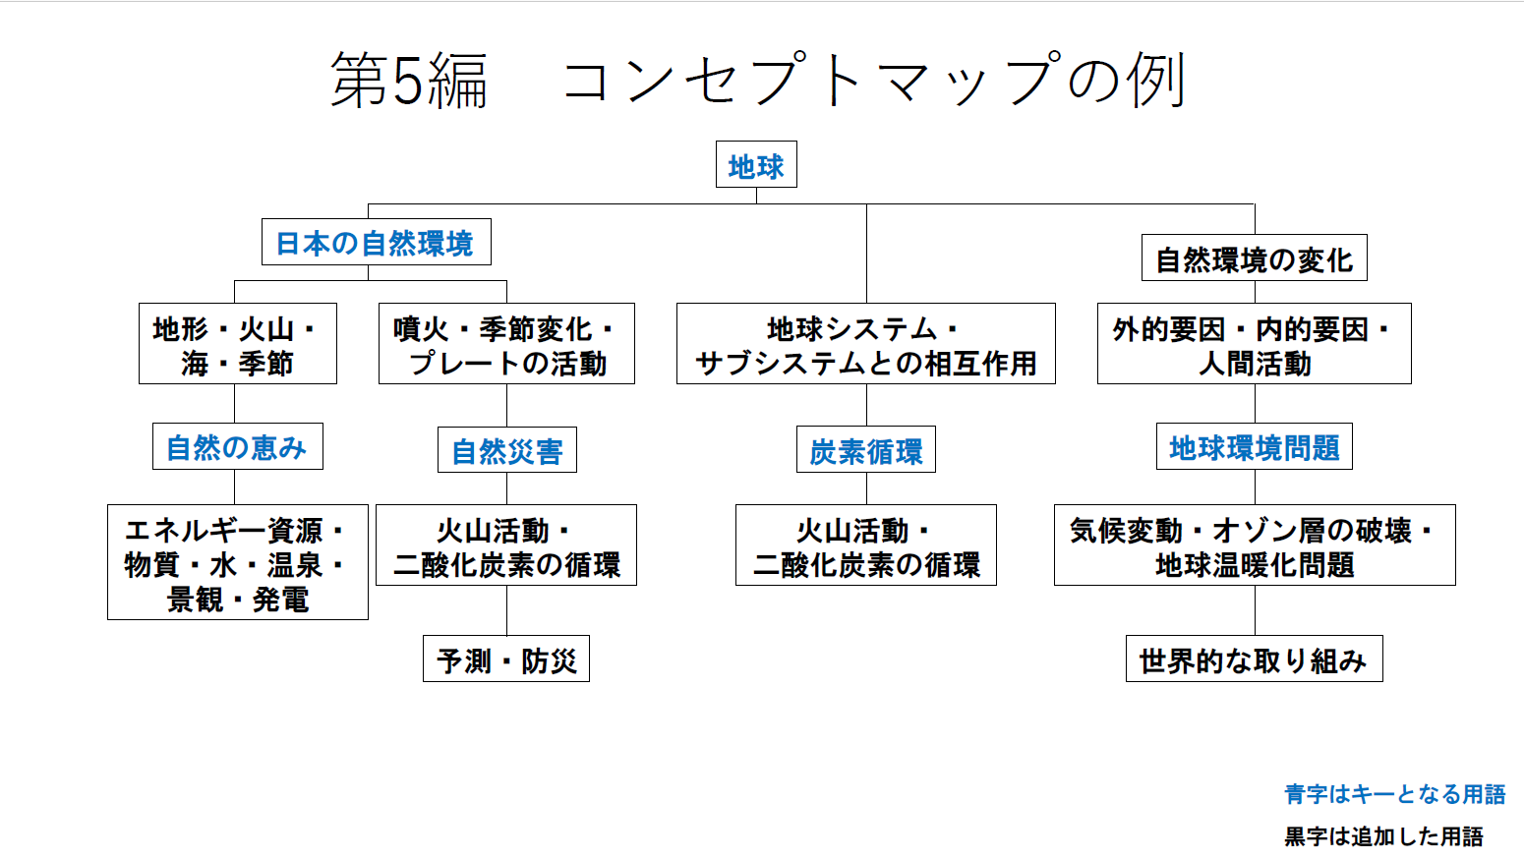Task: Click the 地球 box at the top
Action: (x=756, y=165)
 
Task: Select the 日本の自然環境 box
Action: (x=376, y=243)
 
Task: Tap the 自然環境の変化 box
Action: (x=1254, y=258)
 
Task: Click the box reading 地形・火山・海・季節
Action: (x=237, y=344)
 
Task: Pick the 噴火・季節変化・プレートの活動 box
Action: (x=506, y=344)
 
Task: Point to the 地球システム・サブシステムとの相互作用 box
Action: (x=865, y=344)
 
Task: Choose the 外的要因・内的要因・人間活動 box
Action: (x=1254, y=344)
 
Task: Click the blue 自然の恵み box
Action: (x=237, y=447)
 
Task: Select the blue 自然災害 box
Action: (x=506, y=450)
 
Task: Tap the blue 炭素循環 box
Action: (x=865, y=450)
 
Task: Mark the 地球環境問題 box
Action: (x=1254, y=447)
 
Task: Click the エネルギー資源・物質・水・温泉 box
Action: (x=237, y=562)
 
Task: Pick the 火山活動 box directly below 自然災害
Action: (x=506, y=545)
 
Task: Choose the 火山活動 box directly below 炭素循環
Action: (x=865, y=545)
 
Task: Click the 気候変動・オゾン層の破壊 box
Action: (x=1254, y=545)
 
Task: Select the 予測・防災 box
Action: (x=506, y=659)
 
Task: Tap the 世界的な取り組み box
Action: (x=1254, y=659)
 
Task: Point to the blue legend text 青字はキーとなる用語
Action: (x=1394, y=794)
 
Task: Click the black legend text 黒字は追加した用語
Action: (x=1383, y=836)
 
